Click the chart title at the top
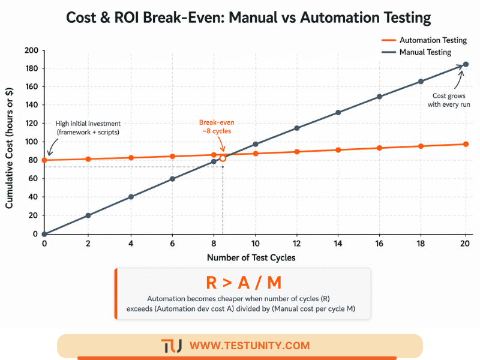tap(240, 18)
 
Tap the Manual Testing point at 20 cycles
tap(466, 64)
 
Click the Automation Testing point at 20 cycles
tap(466, 144)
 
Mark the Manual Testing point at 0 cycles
tap(44, 234)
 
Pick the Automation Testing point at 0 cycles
tap(44, 160)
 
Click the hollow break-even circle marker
tap(223, 158)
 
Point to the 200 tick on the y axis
tap(31, 50)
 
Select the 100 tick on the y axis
tap(31, 142)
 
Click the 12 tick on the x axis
tap(297, 244)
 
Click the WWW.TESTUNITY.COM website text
tap(249, 346)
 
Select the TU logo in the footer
tap(172, 346)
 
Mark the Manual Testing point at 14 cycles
tap(338, 112)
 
